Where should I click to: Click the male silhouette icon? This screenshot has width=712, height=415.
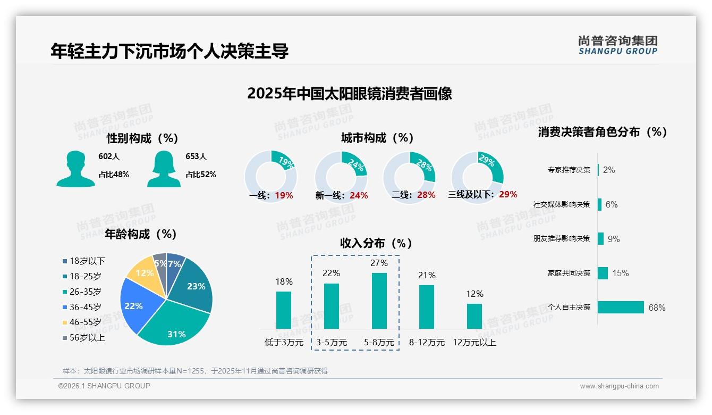tap(75, 169)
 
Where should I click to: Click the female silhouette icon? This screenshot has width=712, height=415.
tap(164, 169)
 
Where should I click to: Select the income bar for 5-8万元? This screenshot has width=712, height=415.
tap(379, 301)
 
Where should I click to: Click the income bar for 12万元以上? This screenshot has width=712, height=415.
tap(474, 316)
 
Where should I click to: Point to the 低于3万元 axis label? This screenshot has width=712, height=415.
tap(284, 343)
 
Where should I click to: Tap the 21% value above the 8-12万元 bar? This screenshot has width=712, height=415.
tap(427, 275)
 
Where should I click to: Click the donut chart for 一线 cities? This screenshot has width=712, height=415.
tap(271, 176)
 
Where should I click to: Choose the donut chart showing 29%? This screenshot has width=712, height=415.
tap(477, 176)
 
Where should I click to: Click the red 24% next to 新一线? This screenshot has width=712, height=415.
tap(359, 196)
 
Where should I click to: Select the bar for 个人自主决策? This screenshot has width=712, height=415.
tap(621, 307)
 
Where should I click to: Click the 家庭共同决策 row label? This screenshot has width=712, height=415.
tap(569, 273)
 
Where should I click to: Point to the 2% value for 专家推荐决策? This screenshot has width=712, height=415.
tap(609, 170)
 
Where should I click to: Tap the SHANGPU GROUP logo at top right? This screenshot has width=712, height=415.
tap(617, 45)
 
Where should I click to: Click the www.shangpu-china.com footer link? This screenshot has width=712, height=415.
tap(619, 386)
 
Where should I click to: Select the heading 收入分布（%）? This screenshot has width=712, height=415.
tap(376, 243)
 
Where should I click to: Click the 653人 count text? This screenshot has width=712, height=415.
tap(196, 156)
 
